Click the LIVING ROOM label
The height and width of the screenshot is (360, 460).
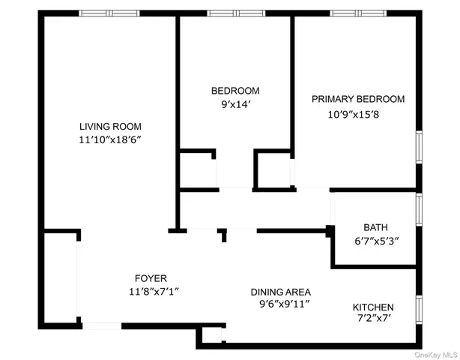110,127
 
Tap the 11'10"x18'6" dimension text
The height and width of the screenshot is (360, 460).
110,140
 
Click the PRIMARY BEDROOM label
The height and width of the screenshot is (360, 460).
358,99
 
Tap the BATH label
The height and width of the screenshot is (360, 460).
375,227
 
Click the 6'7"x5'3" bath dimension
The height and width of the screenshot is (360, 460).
375,241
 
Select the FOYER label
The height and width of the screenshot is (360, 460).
151,277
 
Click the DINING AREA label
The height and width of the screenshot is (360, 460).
280,292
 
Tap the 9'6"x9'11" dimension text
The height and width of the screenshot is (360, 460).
280,304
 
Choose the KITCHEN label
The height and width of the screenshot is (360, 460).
373,307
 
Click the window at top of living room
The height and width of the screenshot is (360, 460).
106,13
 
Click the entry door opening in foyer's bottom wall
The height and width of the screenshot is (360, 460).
101,325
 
